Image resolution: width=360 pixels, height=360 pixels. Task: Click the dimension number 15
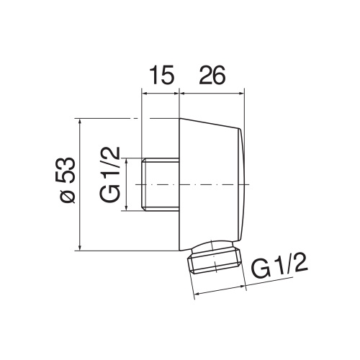[x=161, y=75]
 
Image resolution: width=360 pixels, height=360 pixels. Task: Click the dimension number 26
[x=212, y=75]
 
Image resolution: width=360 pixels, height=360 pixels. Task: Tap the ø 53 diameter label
[x=65, y=180]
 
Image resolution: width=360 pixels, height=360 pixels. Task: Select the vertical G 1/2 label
[x=109, y=174]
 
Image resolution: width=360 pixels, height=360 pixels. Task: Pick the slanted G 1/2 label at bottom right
[x=279, y=267]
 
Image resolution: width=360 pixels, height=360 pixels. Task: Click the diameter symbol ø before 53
[x=66, y=196]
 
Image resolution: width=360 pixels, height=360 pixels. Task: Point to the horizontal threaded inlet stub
[x=161, y=184]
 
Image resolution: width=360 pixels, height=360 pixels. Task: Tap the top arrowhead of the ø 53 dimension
[x=80, y=122]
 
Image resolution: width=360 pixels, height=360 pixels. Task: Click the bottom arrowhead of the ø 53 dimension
[x=80, y=248]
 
